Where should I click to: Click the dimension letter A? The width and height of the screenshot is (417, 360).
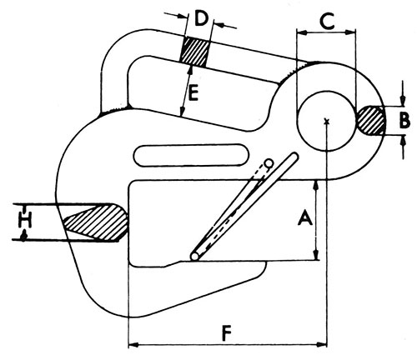305,217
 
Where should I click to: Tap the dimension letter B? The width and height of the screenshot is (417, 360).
404,121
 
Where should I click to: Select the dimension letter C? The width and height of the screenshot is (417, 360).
328,21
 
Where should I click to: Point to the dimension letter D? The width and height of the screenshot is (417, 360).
201,18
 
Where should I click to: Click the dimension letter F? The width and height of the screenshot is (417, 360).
228,333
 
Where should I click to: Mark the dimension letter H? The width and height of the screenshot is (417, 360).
25,219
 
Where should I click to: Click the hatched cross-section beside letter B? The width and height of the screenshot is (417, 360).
371,120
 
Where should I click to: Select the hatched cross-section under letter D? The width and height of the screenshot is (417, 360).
194,52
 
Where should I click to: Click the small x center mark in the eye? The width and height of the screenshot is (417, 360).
327,121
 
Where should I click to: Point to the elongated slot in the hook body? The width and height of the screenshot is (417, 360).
191,155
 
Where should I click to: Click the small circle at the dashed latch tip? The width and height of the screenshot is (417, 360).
269,163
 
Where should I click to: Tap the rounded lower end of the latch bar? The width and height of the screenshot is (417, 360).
195,256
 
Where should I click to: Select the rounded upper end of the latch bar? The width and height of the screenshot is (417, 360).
294,157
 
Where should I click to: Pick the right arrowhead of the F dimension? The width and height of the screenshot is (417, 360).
322,345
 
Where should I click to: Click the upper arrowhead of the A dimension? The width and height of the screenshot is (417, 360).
315,186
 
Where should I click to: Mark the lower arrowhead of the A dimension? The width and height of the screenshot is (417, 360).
316,255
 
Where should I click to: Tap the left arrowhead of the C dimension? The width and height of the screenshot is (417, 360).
302,32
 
